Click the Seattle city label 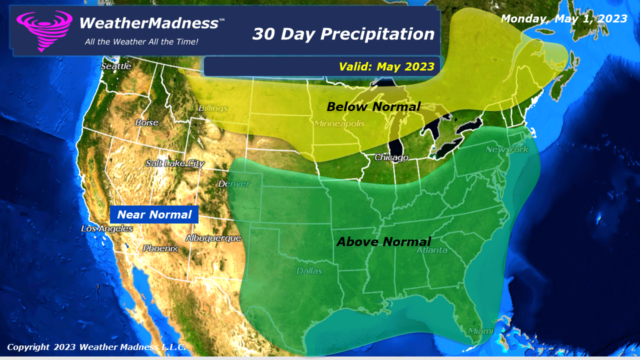point(116,66)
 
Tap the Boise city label point(146,122)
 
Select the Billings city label point(213,108)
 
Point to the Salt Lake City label point(175,163)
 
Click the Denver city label point(234,184)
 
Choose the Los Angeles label point(107,228)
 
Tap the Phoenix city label point(160,248)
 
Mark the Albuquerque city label point(213,238)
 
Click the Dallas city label point(309,271)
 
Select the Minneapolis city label point(339,123)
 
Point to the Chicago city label point(391,157)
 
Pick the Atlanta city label point(431,250)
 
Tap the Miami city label point(480,331)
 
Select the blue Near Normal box point(154,215)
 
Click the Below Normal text point(373,106)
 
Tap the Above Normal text point(383,242)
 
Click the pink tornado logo point(44,29)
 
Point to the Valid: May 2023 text point(386,66)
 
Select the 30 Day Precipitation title point(343,34)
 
